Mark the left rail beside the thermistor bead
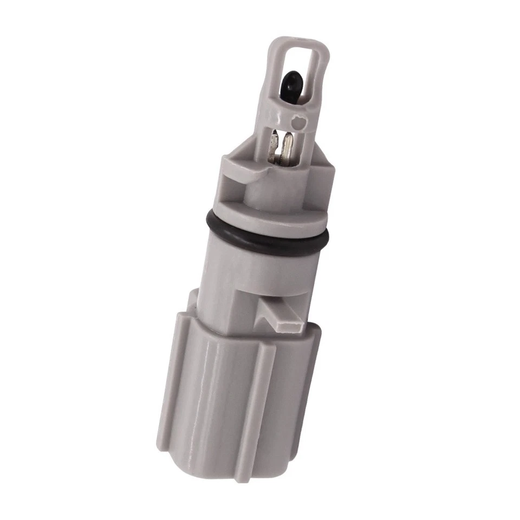(x=275, y=81)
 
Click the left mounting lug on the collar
(x=238, y=162)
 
